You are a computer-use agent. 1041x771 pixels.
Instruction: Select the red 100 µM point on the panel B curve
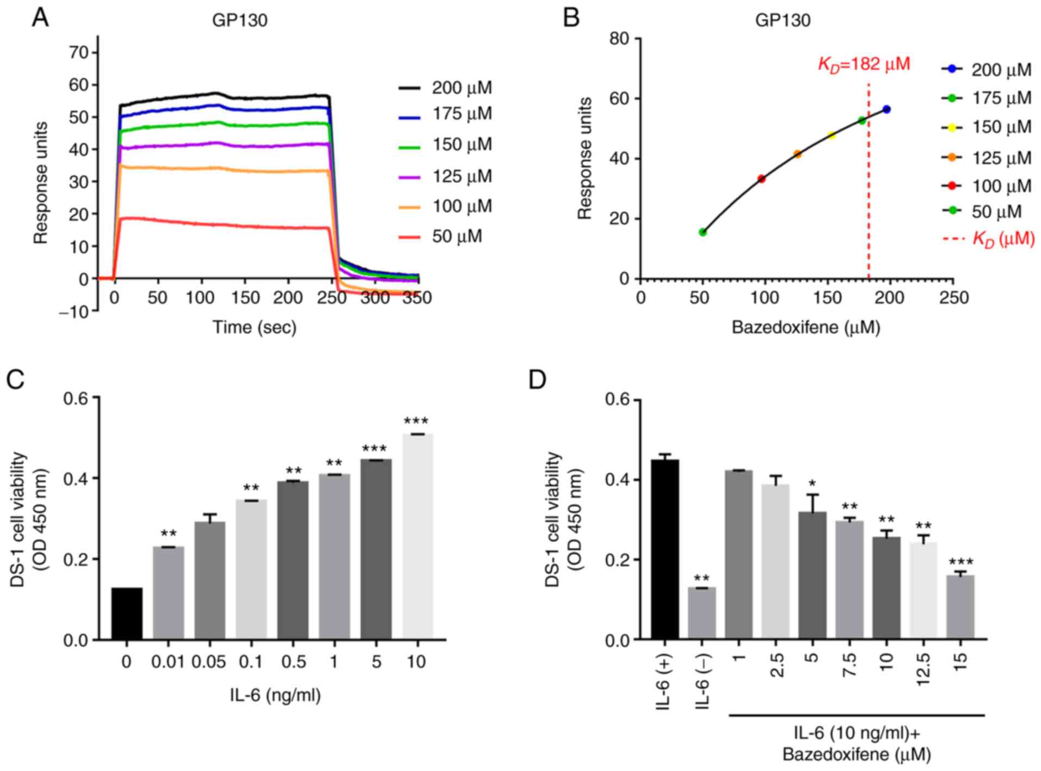click(761, 179)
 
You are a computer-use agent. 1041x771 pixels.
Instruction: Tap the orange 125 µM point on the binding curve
click(797, 154)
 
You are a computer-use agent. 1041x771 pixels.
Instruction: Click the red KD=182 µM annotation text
click(864, 64)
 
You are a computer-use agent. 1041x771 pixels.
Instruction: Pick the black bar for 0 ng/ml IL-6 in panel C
click(127, 614)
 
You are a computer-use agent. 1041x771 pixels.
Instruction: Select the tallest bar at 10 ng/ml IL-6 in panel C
click(417, 536)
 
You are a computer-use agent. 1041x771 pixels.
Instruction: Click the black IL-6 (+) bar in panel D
click(665, 549)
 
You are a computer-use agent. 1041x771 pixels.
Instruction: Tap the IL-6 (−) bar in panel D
click(701, 614)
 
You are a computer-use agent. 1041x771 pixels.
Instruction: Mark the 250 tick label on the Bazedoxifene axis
click(953, 298)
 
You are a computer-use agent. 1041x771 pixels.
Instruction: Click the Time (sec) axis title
click(254, 327)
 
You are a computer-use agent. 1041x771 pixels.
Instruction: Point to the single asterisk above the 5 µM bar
click(811, 484)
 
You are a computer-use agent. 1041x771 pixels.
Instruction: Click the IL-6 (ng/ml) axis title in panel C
click(275, 695)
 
